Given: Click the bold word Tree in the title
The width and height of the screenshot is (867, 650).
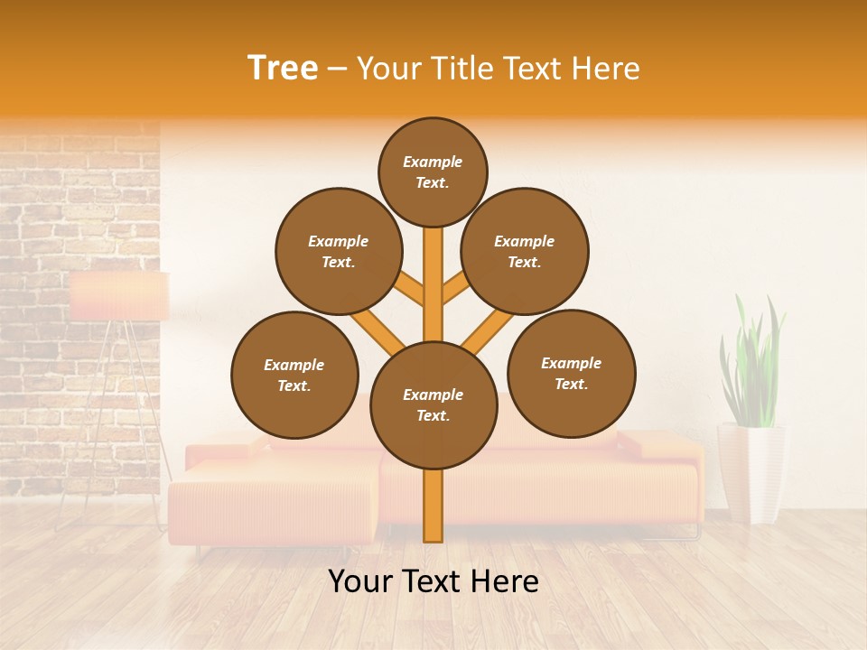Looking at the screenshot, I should pos(283,69).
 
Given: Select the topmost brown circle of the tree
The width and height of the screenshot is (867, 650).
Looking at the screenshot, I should pos(433,172).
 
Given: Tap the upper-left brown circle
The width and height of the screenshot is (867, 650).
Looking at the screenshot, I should pos(339,251).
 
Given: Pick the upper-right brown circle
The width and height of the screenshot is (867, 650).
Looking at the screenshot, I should pos(525,251).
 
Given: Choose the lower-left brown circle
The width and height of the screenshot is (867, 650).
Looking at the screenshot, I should pos(294,375).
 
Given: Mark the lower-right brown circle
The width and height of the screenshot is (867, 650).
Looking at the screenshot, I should pos(571,373).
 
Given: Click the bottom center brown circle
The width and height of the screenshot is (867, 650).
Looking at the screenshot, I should pos(433,405).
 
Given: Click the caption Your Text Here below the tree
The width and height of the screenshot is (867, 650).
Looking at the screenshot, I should pos(433,581).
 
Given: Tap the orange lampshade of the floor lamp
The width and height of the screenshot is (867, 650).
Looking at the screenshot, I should pos(119,296).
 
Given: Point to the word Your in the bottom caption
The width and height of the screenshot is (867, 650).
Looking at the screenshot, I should pos(361,581).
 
